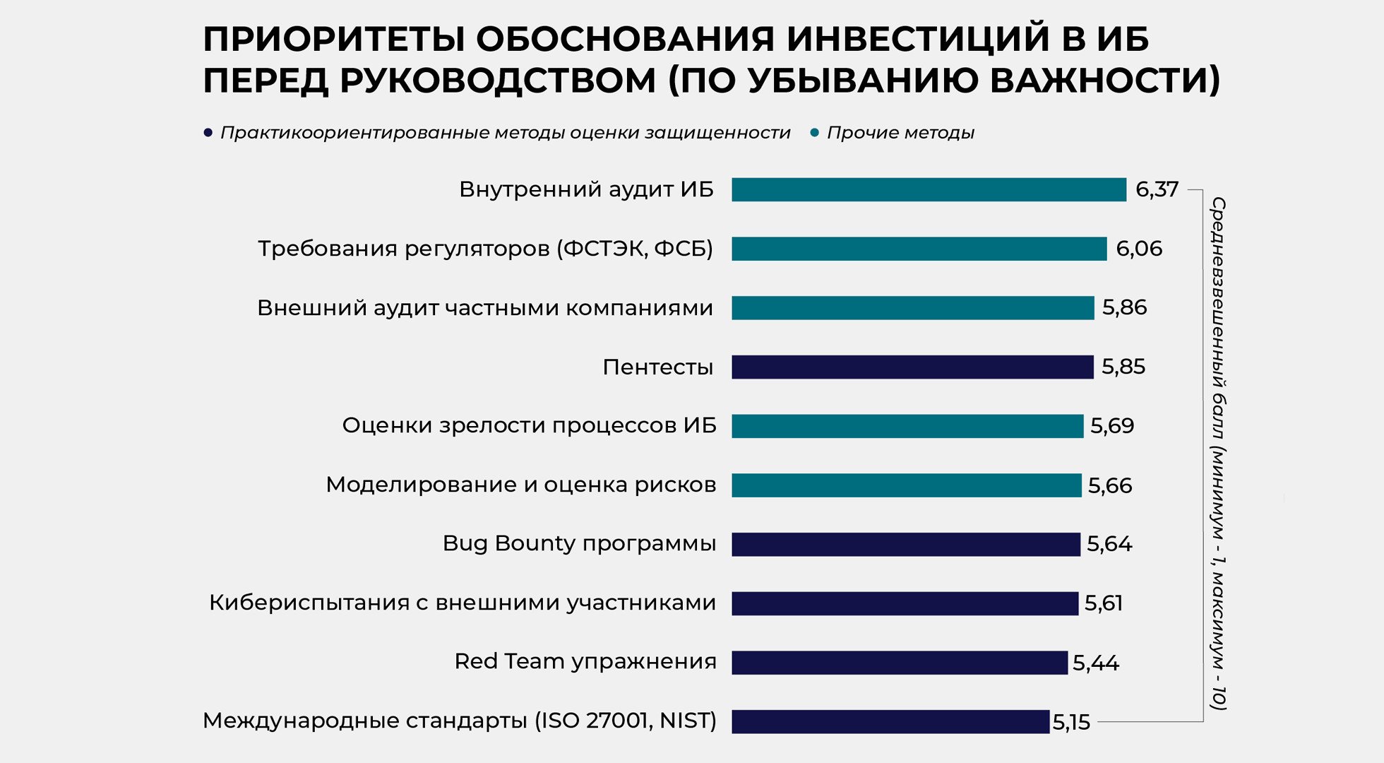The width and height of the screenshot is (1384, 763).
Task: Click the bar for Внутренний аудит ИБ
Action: [x=929, y=189]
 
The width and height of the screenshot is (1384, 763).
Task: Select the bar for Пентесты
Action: [x=912, y=367]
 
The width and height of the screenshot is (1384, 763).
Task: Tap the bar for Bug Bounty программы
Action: [x=906, y=544]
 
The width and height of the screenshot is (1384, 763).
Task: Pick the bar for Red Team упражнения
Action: [x=900, y=663]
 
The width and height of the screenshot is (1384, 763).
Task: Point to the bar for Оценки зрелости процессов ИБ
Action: [x=907, y=426]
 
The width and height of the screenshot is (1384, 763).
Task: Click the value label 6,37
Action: [x=1157, y=189]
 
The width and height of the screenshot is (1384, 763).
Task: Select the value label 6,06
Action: [x=1138, y=249]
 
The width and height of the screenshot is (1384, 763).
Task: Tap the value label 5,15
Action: [x=1071, y=722]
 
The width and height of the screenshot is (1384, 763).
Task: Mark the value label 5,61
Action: [x=1103, y=603]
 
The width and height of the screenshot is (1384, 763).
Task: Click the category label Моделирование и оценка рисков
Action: [x=520, y=485]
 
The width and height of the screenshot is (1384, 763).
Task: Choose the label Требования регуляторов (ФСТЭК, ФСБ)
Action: [x=485, y=249]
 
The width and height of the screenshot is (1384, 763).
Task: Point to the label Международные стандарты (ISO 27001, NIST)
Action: [x=459, y=721]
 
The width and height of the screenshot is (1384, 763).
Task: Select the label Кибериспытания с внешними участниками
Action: [x=462, y=603]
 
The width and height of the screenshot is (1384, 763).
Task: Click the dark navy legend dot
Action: [x=208, y=133]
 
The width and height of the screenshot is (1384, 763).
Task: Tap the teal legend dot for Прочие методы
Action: [x=814, y=133]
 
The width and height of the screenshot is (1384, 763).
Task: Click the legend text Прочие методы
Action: [x=900, y=133]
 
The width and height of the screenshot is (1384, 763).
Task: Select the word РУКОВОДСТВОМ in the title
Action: [x=499, y=80]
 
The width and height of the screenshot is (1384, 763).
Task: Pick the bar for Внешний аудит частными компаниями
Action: [x=912, y=308]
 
